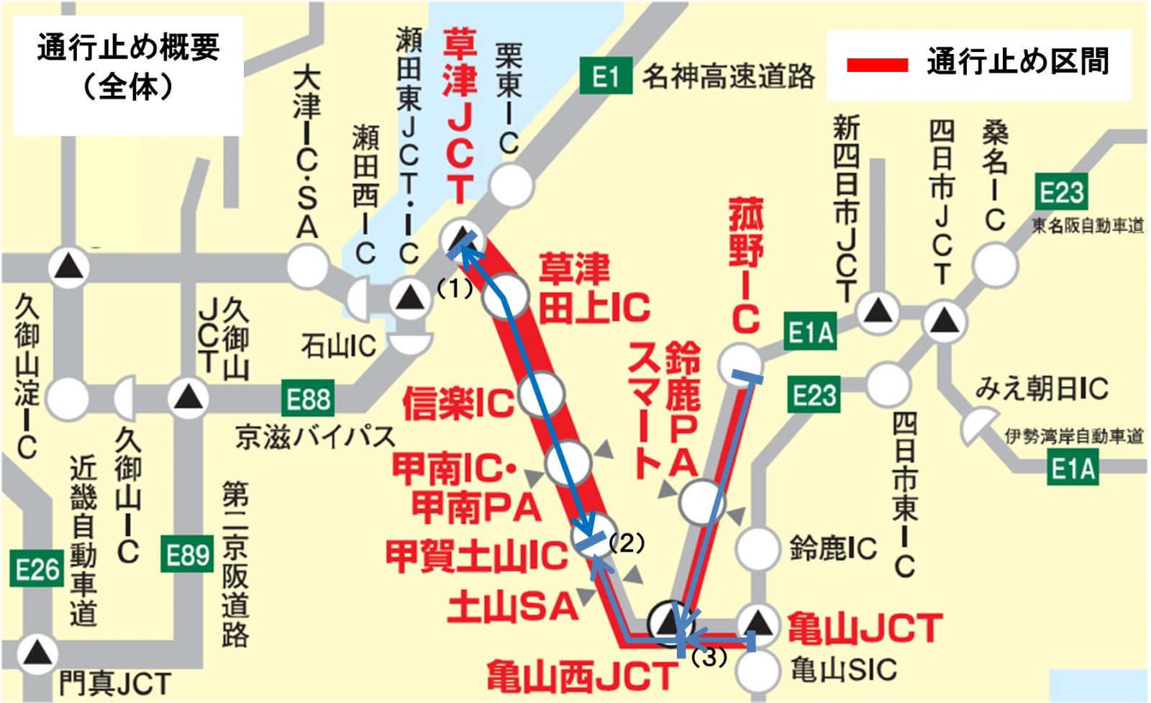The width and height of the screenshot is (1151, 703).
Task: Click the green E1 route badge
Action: [x=605, y=76]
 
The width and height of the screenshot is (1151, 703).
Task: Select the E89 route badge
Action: [x=187, y=555]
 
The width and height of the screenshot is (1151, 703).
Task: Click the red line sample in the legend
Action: [x=877, y=65]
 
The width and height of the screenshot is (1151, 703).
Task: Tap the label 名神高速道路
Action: [x=728, y=76]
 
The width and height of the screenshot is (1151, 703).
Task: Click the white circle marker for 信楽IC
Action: [x=541, y=394]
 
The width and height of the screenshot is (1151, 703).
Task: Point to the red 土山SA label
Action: [x=512, y=607]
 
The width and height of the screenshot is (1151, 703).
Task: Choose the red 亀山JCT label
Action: [x=864, y=628]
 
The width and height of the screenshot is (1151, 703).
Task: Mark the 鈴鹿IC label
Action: [x=833, y=548]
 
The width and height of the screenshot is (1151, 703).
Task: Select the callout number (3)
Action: [x=709, y=657]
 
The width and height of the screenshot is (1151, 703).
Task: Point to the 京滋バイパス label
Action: [x=316, y=437]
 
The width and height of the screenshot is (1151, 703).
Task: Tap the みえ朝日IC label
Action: [x=1041, y=389]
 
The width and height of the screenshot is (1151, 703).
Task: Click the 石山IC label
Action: [x=338, y=347]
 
